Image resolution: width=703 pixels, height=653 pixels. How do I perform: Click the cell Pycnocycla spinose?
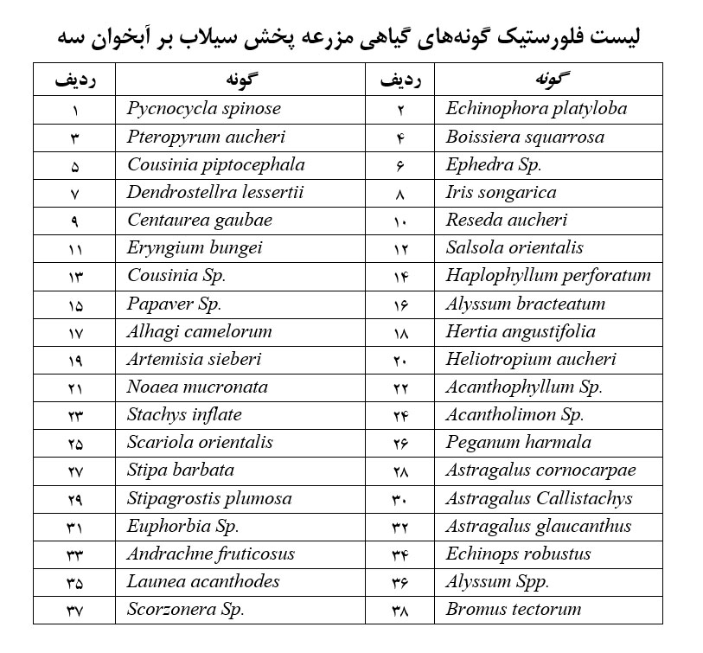[x=204, y=109]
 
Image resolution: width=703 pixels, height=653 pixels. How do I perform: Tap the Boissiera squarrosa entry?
[x=525, y=137]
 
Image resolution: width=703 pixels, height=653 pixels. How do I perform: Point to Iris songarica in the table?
[x=501, y=192]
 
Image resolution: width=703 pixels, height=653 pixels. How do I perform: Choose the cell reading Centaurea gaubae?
[x=200, y=220]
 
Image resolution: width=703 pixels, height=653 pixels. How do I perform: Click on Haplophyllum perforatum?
[x=548, y=276]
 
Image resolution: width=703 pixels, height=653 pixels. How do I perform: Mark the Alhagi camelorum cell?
[x=200, y=331]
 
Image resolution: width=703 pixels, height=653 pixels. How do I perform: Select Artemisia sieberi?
[x=194, y=359]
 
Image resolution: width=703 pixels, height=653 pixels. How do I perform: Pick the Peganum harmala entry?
[x=519, y=442]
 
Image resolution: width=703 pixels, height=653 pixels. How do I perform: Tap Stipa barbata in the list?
[x=181, y=471]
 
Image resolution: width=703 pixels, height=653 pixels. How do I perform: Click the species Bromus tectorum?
[x=514, y=609]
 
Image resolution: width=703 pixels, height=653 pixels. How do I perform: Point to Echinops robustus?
[x=519, y=554]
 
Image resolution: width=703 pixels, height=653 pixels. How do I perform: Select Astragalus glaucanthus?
[x=539, y=526]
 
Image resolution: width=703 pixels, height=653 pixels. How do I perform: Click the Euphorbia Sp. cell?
[x=182, y=526]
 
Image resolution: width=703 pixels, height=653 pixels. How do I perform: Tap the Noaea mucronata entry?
[x=197, y=387]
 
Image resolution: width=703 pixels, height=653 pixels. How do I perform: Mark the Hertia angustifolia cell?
[x=521, y=331]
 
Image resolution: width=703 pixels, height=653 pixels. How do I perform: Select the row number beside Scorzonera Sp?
[x=73, y=610]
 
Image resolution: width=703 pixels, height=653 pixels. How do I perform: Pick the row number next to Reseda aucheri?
[x=399, y=221]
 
